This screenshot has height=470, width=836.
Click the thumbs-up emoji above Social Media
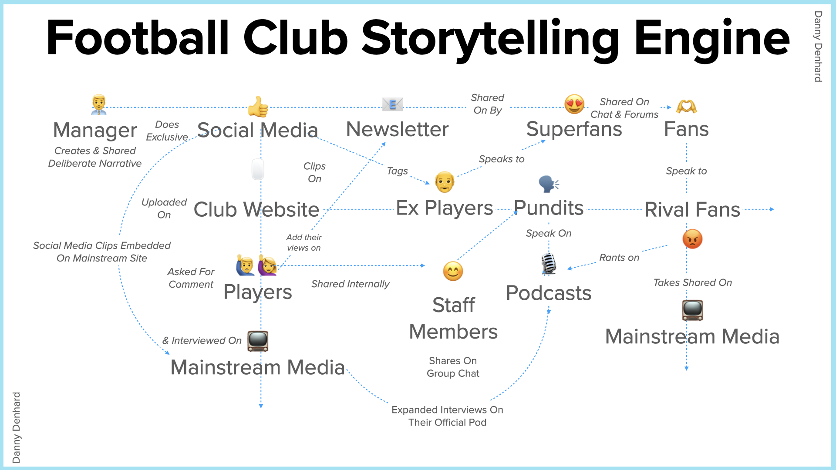pyautogui.click(x=258, y=107)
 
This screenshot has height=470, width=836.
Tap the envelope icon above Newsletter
pyautogui.click(x=392, y=104)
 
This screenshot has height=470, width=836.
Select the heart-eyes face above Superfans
pyautogui.click(x=574, y=104)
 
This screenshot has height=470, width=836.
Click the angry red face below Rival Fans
pyautogui.click(x=692, y=239)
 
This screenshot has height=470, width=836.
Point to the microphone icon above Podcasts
pyautogui.click(x=549, y=264)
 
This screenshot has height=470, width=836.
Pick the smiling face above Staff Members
pyautogui.click(x=453, y=271)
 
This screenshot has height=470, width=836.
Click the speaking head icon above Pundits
pyautogui.click(x=549, y=184)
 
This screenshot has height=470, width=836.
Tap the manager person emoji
pyautogui.click(x=99, y=104)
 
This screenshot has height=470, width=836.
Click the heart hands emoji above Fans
pyautogui.click(x=686, y=107)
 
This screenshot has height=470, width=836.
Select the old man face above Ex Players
pyautogui.click(x=445, y=182)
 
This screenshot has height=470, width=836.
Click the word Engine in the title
pyautogui.click(x=712, y=39)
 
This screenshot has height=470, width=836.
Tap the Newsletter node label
pyautogui.click(x=397, y=129)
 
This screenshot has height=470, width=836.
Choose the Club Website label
pyautogui.click(x=256, y=209)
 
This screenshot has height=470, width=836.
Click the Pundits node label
pyautogui.click(x=549, y=208)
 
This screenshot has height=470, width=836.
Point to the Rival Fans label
pyautogui.click(x=692, y=209)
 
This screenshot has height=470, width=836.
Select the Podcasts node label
pyautogui.click(x=549, y=293)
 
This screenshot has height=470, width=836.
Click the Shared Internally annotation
pyautogui.click(x=350, y=284)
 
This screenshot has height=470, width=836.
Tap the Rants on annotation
pyautogui.click(x=619, y=258)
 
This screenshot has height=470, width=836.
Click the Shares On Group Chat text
pyautogui.click(x=453, y=367)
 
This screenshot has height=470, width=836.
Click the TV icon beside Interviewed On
pyautogui.click(x=258, y=341)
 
